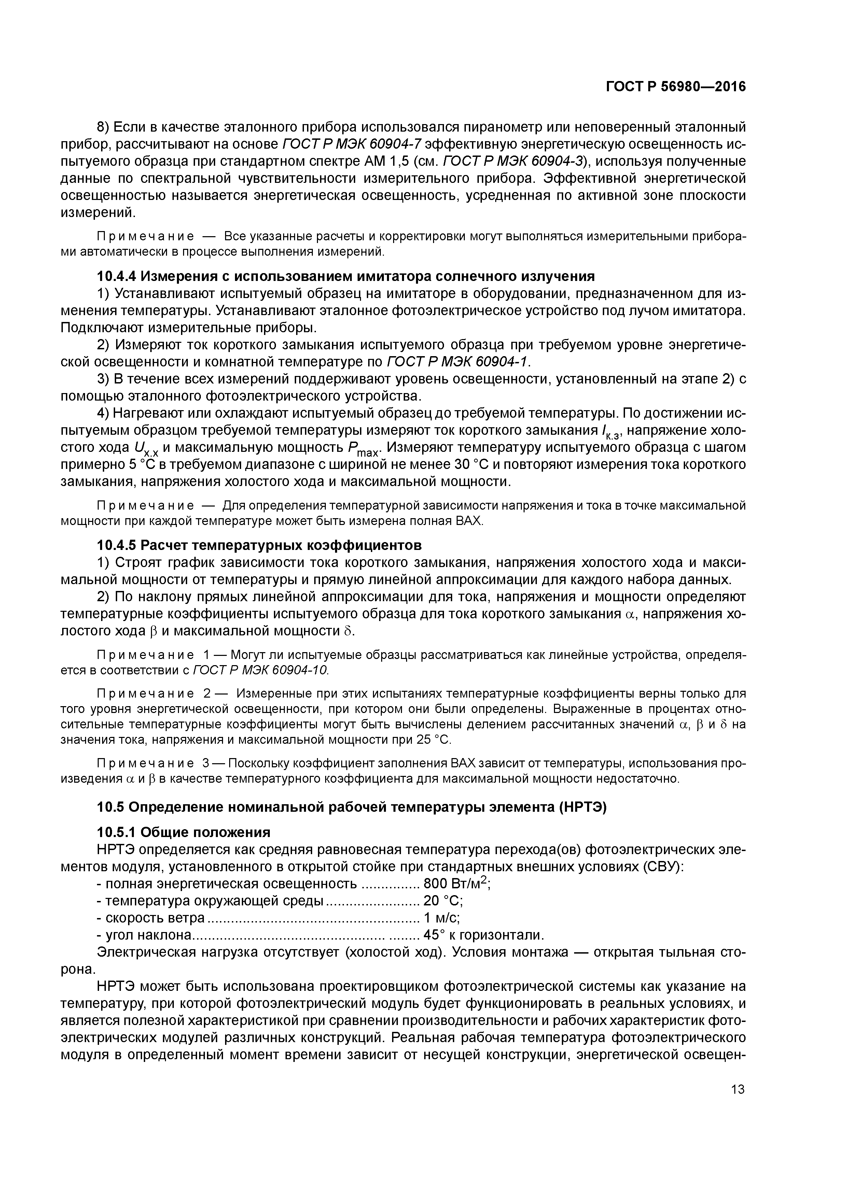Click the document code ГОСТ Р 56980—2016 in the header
tap(675, 87)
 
